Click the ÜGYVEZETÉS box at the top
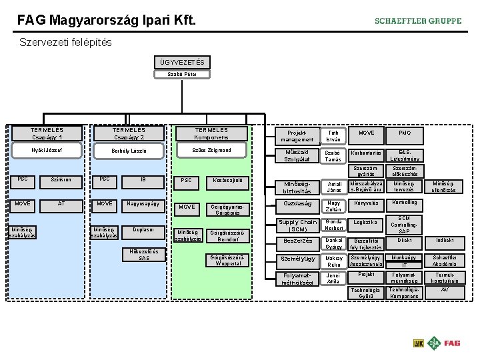(x=182, y=63)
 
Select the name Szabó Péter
(x=182, y=74)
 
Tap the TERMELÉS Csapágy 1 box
(x=47, y=133)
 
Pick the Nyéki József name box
(x=47, y=151)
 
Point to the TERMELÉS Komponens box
(x=211, y=133)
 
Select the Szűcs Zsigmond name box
(x=211, y=151)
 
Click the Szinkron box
(x=61, y=179)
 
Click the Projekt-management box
(x=297, y=136)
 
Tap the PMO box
(x=405, y=133)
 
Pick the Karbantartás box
(x=366, y=153)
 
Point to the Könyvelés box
(x=366, y=203)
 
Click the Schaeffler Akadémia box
(x=444, y=260)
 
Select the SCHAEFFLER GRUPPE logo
(x=418, y=21)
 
